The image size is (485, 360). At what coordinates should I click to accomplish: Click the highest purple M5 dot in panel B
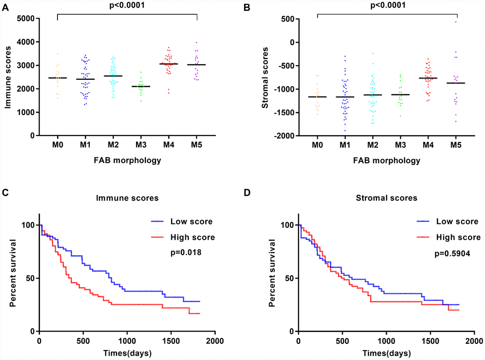pyautogui.click(x=456, y=21)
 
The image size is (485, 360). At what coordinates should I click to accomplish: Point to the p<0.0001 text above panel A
pyautogui.click(x=127, y=6)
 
